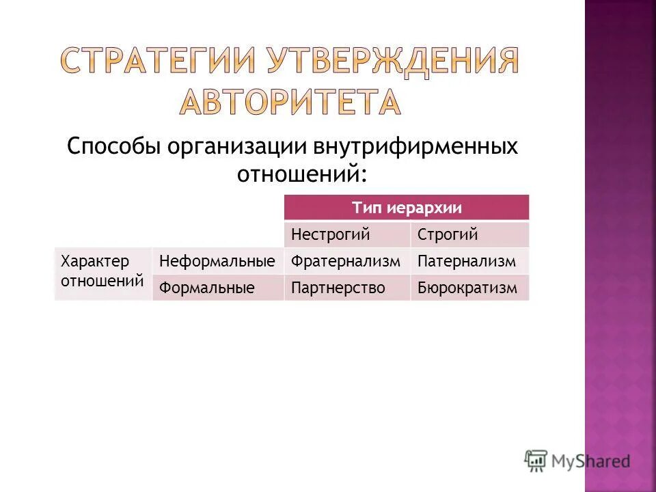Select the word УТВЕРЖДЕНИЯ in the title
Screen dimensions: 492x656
pyautogui.click(x=392, y=62)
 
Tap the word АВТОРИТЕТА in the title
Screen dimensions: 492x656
pyautogui.click(x=291, y=102)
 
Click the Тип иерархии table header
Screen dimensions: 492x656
pyautogui.click(x=407, y=207)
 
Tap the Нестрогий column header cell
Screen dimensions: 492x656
pyautogui.click(x=347, y=234)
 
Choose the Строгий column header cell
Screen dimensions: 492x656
pyautogui.click(x=469, y=234)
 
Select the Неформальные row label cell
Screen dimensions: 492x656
pyautogui.click(x=217, y=261)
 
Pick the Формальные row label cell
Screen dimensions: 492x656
pyautogui.click(x=217, y=288)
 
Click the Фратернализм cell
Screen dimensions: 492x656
pyautogui.click(x=347, y=261)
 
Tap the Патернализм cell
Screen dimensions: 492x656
pyautogui.click(x=469, y=261)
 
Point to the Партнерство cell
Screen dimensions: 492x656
pyautogui.click(x=347, y=288)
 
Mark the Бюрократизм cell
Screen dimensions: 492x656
pyautogui.click(x=469, y=288)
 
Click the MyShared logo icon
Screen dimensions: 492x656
pyautogui.click(x=537, y=461)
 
